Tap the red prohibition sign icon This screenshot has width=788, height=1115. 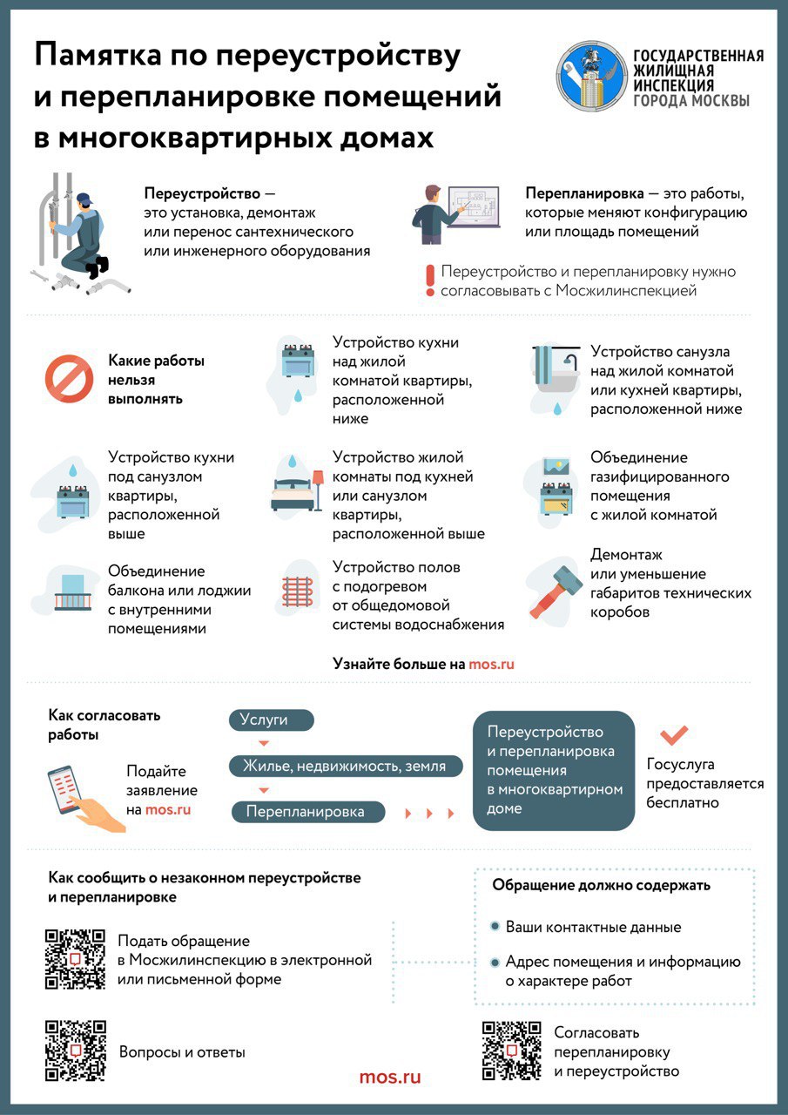pyautogui.click(x=69, y=378)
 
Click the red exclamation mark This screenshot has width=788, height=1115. pyautogui.click(x=428, y=281)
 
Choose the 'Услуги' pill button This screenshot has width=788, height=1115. pyautogui.click(x=271, y=720)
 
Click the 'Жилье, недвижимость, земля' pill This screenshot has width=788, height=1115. pyautogui.click(x=344, y=766)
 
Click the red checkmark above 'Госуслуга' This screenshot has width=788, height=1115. pyautogui.click(x=674, y=736)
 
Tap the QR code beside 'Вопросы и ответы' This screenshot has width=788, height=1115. pyautogui.click(x=75, y=1051)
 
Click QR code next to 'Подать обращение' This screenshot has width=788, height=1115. pyautogui.click(x=75, y=959)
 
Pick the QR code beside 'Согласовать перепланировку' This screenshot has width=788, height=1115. pyautogui.click(x=512, y=1051)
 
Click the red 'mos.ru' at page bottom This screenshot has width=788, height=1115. pyautogui.click(x=390, y=1077)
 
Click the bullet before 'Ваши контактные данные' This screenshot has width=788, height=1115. pyautogui.click(x=495, y=927)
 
